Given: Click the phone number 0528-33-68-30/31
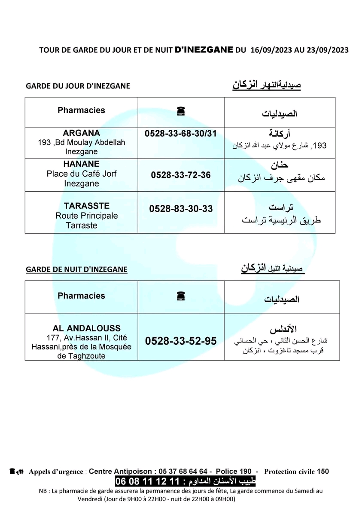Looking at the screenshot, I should click(181, 133).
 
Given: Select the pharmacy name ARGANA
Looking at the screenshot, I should click(82, 133).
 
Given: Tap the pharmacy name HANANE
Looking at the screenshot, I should click(82, 164).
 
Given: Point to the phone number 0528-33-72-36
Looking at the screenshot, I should click(181, 175).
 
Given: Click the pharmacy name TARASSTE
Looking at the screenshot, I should click(87, 206).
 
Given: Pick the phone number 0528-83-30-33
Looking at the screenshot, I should click(181, 209).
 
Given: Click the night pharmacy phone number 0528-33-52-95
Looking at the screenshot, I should click(181, 341).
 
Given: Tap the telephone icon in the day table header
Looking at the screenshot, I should click(180, 111).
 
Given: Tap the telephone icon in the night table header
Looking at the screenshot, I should click(180, 295).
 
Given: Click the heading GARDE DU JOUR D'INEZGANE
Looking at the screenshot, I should click(78, 86).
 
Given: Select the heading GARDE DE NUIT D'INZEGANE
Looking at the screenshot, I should click(76, 270).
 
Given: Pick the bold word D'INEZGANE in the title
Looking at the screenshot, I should click(204, 49).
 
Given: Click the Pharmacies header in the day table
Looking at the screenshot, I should click(81, 110).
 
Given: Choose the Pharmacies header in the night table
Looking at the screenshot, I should click(81, 295).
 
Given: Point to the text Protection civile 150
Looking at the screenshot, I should click(296, 472).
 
